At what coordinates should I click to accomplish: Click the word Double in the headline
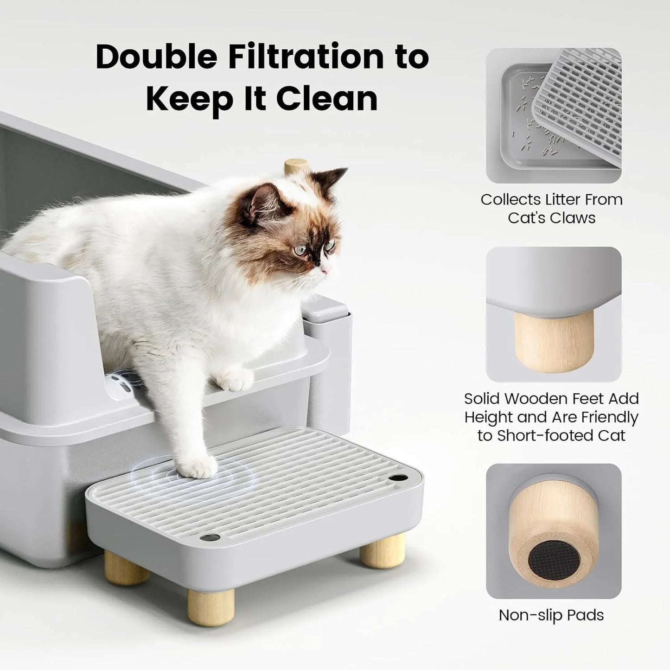156,57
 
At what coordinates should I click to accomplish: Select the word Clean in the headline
327,98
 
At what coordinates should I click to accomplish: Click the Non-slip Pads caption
551,615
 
